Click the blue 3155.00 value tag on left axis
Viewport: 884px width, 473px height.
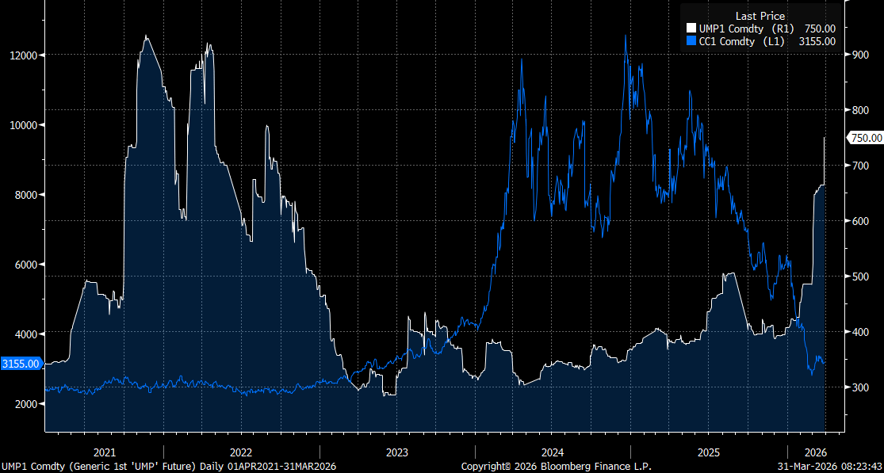coord(21,364)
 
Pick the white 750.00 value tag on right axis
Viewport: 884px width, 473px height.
coord(866,138)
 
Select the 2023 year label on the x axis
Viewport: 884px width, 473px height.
coord(397,452)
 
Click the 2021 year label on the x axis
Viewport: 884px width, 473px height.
coord(105,452)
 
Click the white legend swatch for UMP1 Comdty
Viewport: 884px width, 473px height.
coord(691,29)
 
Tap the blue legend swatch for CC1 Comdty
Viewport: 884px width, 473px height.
coord(691,42)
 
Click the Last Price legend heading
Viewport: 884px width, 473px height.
coord(760,16)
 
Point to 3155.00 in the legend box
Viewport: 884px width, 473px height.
coord(818,42)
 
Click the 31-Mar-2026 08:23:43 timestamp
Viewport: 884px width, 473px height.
coord(831,467)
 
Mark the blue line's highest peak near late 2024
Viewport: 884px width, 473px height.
coord(626,36)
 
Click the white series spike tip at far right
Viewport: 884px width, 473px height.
coord(825,138)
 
